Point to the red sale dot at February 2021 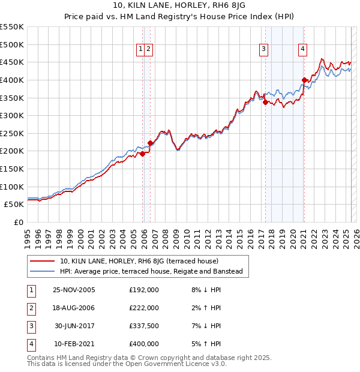[x=304, y=79]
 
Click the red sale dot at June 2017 [x=265, y=102]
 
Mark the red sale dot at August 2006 [x=150, y=143]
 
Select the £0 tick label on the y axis [x=18, y=222]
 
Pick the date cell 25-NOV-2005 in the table [x=74, y=290]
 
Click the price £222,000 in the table [x=144, y=308]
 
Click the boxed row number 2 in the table [x=29, y=308]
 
